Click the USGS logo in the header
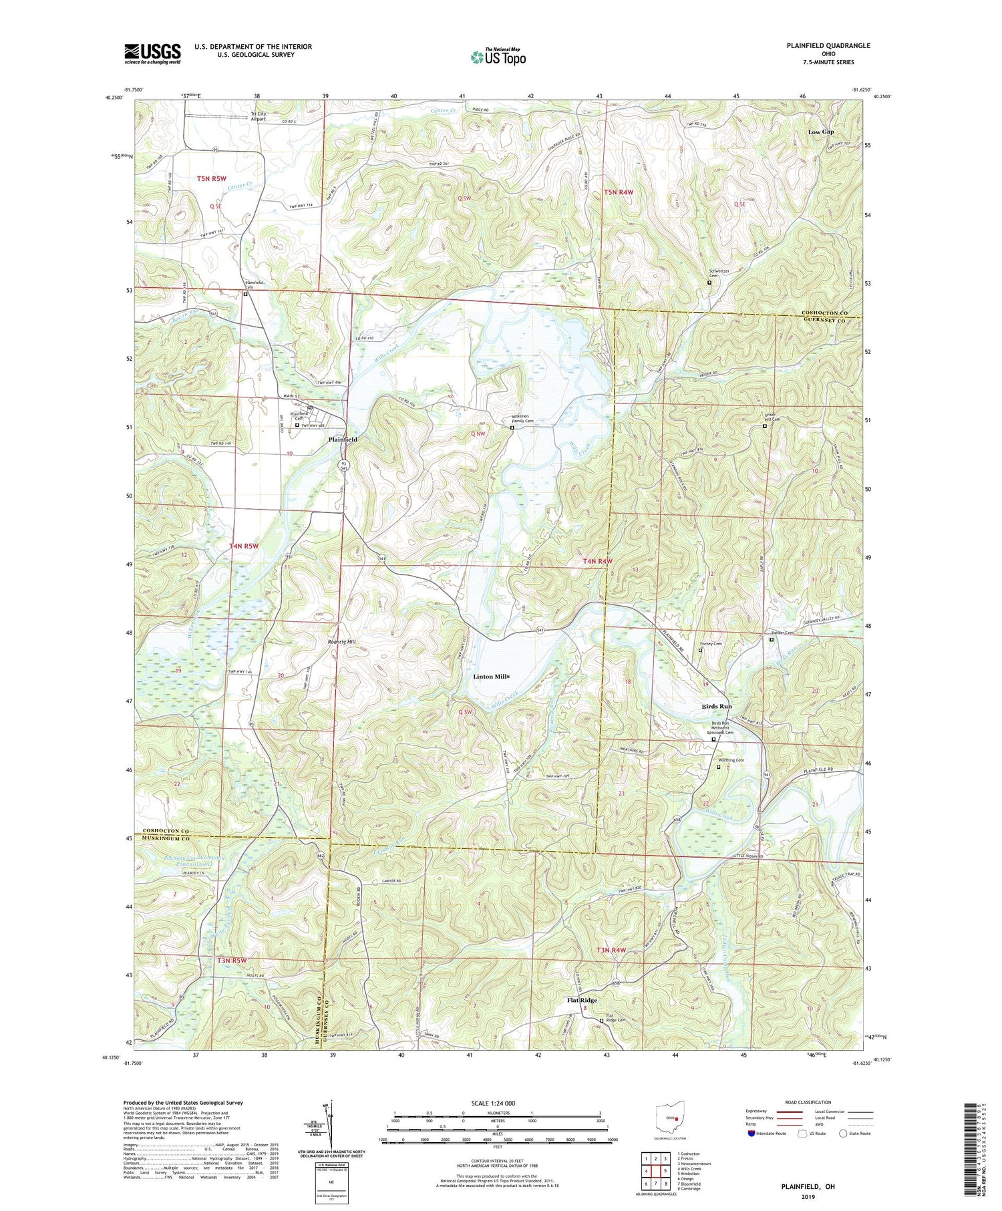click(x=152, y=53)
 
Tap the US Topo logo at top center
click(x=498, y=57)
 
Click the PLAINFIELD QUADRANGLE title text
click(x=828, y=45)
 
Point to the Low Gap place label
click(x=820, y=132)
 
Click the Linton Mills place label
click(x=491, y=677)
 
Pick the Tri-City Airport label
click(x=258, y=117)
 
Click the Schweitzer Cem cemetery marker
click(x=709, y=283)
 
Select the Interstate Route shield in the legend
click(x=751, y=1134)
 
